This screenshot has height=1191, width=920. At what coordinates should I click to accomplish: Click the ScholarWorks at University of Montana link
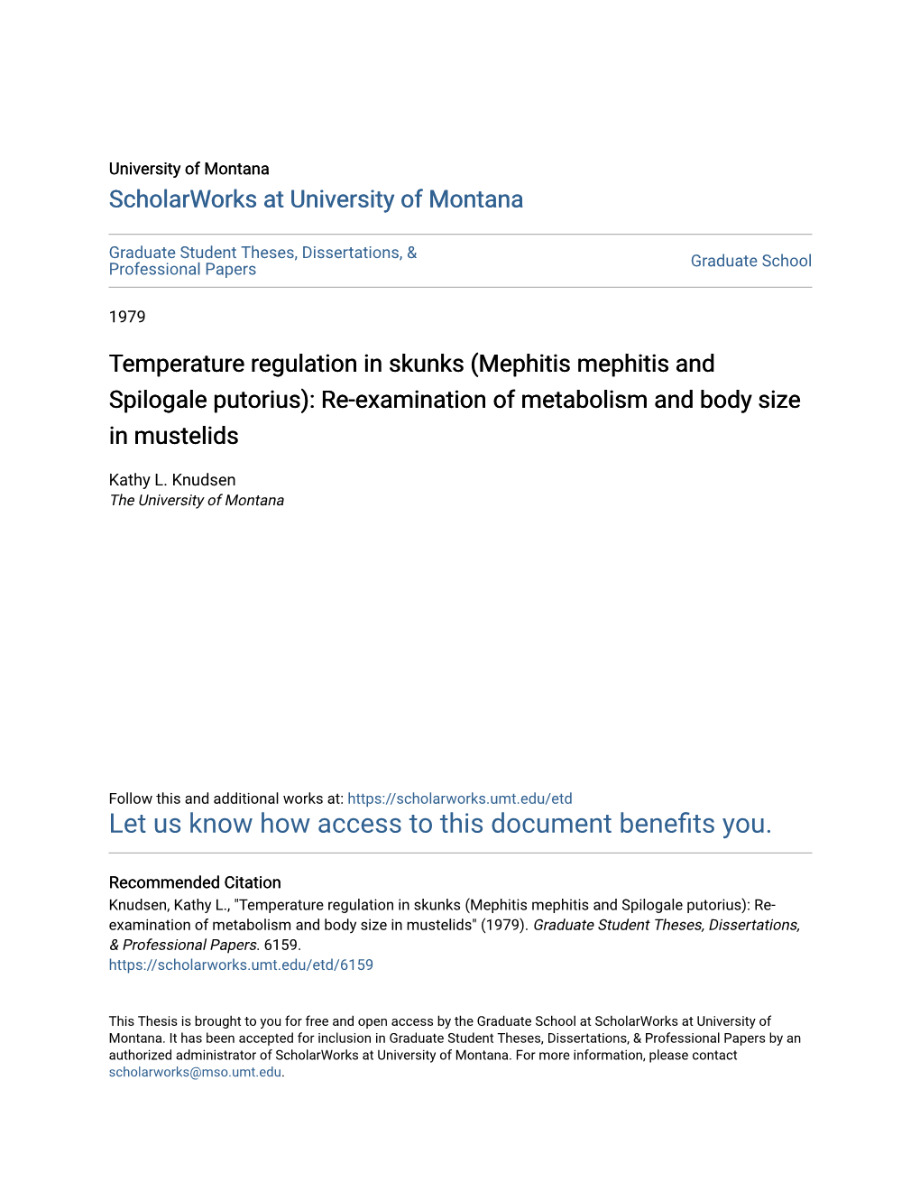pos(316,199)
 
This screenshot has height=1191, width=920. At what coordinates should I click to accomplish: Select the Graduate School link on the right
pos(750,261)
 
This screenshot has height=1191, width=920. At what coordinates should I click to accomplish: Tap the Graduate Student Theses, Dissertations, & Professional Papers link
pos(262,261)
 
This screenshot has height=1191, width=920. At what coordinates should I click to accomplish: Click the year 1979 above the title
pos(127,317)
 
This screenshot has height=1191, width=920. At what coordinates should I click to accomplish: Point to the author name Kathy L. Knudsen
pos(172,480)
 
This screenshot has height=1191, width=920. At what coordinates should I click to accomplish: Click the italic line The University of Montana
pos(197,501)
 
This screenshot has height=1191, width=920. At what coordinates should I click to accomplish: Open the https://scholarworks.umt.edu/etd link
pos(459,799)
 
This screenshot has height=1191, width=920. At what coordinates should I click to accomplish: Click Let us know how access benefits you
pos(440,824)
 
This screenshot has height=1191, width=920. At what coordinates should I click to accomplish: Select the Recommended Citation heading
pos(195,882)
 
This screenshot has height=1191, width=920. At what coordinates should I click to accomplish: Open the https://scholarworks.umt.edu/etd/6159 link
pos(241,965)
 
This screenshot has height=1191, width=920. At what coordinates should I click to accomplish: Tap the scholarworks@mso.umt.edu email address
pos(195,1072)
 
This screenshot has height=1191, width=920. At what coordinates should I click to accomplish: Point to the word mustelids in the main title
pos(187,436)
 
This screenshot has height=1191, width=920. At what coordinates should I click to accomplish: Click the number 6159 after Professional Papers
pos(281,945)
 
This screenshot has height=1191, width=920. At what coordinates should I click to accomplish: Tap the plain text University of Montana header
pos(189,169)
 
